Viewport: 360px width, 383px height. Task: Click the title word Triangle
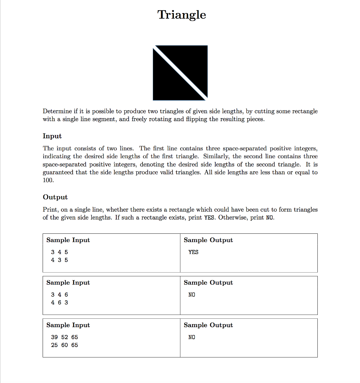click(x=182, y=15)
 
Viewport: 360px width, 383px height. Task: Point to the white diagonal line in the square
click(x=180, y=73)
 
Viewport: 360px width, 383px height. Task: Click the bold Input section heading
click(x=52, y=136)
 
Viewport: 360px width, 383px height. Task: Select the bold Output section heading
click(x=55, y=197)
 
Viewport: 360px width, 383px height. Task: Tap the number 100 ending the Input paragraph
click(x=48, y=180)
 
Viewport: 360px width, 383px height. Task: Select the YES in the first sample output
click(x=193, y=252)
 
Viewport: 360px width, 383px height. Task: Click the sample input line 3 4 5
click(x=59, y=252)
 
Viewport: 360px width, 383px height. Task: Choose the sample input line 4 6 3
click(x=59, y=303)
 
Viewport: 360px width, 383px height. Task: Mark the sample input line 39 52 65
click(x=64, y=337)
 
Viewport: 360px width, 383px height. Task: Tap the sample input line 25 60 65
click(x=64, y=345)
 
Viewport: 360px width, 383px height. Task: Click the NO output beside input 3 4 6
click(x=192, y=295)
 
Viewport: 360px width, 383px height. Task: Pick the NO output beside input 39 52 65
click(x=192, y=337)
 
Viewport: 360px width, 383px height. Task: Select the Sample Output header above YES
click(x=208, y=240)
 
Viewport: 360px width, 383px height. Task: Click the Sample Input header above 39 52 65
click(x=68, y=325)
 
